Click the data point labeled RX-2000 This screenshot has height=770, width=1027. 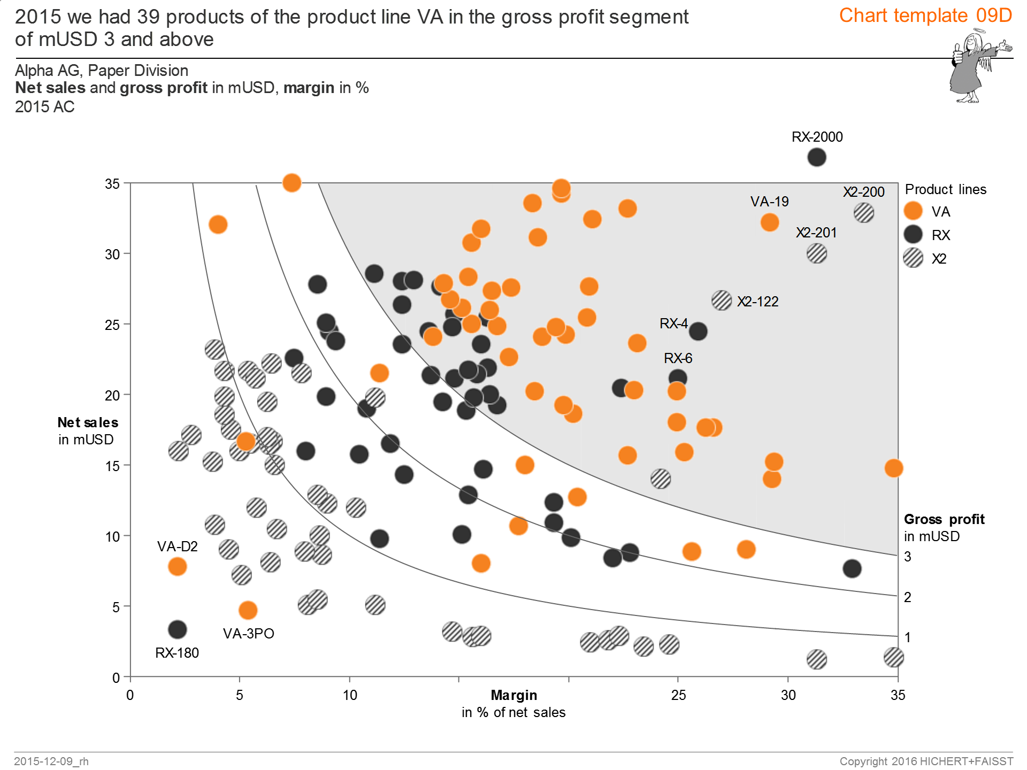(816, 157)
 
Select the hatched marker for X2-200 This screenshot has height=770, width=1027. (863, 213)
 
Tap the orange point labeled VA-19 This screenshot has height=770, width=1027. (769, 222)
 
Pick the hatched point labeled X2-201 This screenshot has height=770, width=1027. (816, 253)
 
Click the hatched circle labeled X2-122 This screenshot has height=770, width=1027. (722, 301)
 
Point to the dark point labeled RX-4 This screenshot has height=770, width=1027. (698, 332)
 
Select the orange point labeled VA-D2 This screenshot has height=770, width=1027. (177, 566)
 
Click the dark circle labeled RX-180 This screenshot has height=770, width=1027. (177, 629)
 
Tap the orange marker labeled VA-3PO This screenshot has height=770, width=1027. (248, 610)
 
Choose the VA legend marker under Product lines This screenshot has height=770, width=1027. (913, 211)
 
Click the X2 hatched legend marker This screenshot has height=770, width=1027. (913, 258)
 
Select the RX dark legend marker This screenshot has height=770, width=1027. (913, 234)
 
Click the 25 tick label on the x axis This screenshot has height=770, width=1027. (678, 695)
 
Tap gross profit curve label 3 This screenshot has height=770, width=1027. (908, 557)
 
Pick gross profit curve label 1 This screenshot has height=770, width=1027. (908, 637)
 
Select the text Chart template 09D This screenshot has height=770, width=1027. (925, 16)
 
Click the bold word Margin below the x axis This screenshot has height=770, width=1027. (513, 695)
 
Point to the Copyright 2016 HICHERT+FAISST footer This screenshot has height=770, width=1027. (926, 761)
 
